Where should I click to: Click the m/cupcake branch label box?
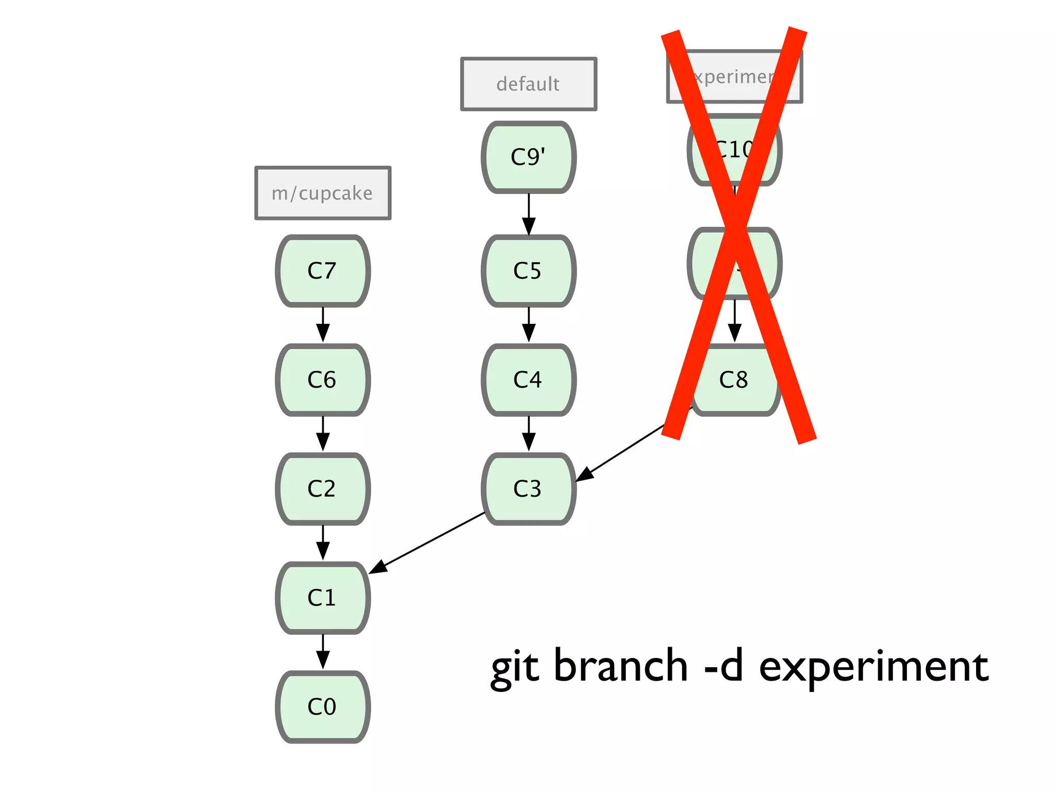tap(323, 193)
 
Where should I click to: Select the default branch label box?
tap(529, 84)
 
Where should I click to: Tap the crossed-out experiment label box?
tap(735, 77)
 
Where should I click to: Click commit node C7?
tap(323, 271)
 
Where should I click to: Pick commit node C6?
tap(323, 380)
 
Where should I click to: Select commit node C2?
tap(323, 489)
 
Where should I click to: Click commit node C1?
tap(323, 598)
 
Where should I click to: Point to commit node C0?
tap(323, 707)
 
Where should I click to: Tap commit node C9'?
tap(529, 157)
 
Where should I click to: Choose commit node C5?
tap(529, 271)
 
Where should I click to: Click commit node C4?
tap(529, 380)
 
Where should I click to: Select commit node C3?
tap(529, 489)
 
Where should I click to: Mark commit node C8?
tap(735, 380)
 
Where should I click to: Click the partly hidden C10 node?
tap(735, 150)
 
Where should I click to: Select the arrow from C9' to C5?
tap(529, 214)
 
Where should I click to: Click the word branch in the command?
tap(620, 666)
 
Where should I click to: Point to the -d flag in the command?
tap(723, 666)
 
